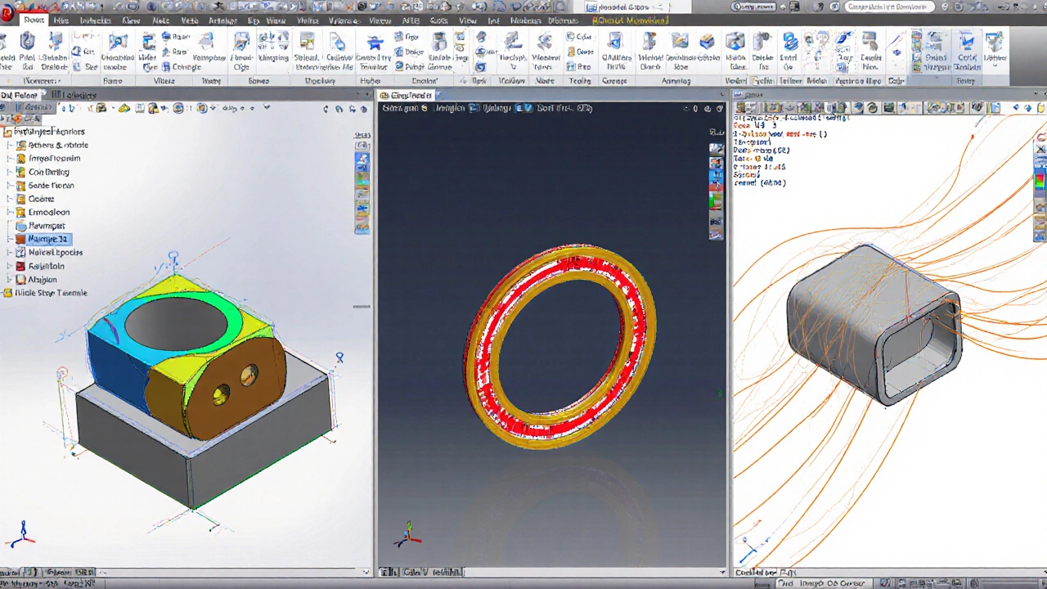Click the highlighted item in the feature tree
47,239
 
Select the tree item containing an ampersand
57,145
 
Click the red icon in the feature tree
21,239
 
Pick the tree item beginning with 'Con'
48,172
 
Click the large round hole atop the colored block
176,322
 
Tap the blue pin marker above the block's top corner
173,259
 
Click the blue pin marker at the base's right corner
339,357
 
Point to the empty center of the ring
560,344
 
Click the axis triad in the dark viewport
407,535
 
